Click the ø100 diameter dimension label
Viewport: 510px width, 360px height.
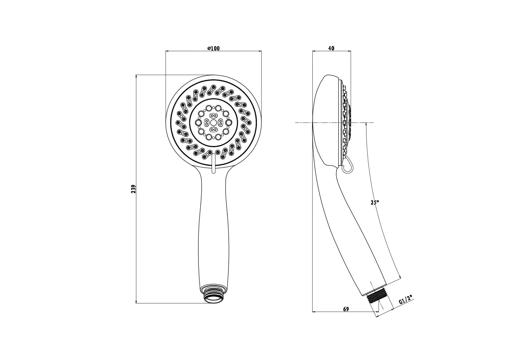[214, 48]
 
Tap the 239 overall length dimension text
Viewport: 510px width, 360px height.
[134, 189]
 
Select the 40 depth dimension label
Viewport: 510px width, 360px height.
[331, 48]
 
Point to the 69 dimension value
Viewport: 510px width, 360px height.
[346, 309]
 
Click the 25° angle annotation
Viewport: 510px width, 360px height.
[375, 202]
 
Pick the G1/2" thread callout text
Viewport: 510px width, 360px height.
[406, 299]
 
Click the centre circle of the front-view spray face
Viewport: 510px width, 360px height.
[213, 123]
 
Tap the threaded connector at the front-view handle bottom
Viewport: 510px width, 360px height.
[213, 295]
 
